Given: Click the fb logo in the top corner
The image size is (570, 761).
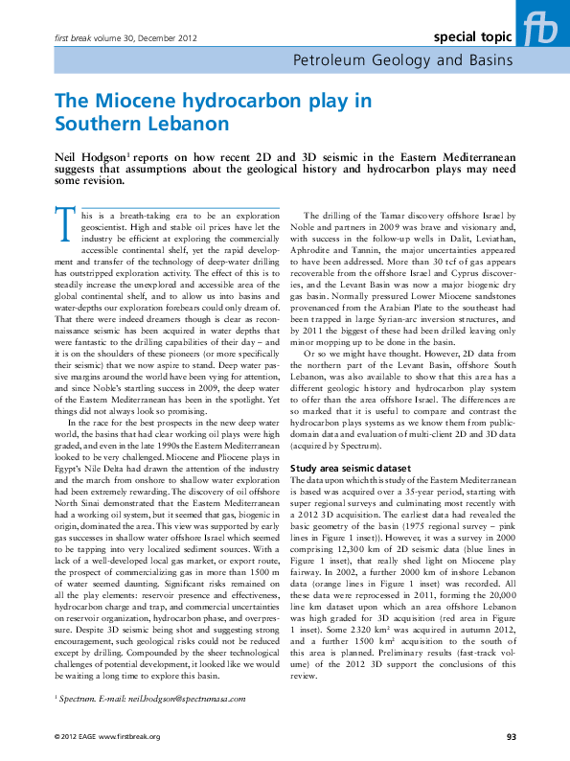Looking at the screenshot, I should [542, 27].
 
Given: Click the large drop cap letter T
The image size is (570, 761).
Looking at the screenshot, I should [63, 224].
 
